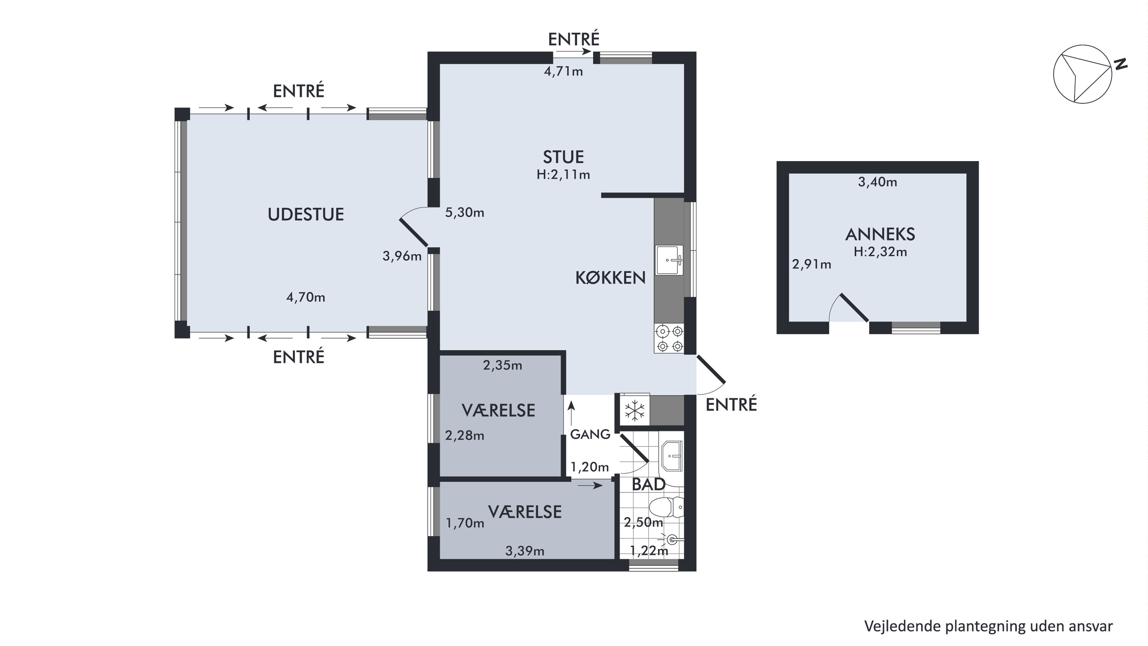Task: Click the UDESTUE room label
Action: coord(306,215)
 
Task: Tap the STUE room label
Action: coord(563,157)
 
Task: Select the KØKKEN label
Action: coord(610,278)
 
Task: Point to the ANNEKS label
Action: coord(880,234)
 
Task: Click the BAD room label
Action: coord(648,485)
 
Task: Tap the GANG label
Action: coord(590,434)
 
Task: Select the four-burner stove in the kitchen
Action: coord(669,339)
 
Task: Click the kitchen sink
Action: coord(669,260)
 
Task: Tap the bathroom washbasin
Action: coord(672,456)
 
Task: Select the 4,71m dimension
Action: coord(563,71)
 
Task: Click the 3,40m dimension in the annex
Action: coord(877,182)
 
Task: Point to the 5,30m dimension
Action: coord(465,212)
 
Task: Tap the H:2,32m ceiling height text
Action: coord(880,252)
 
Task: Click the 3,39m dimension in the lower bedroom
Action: coord(525,551)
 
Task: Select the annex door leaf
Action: coord(854,307)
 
